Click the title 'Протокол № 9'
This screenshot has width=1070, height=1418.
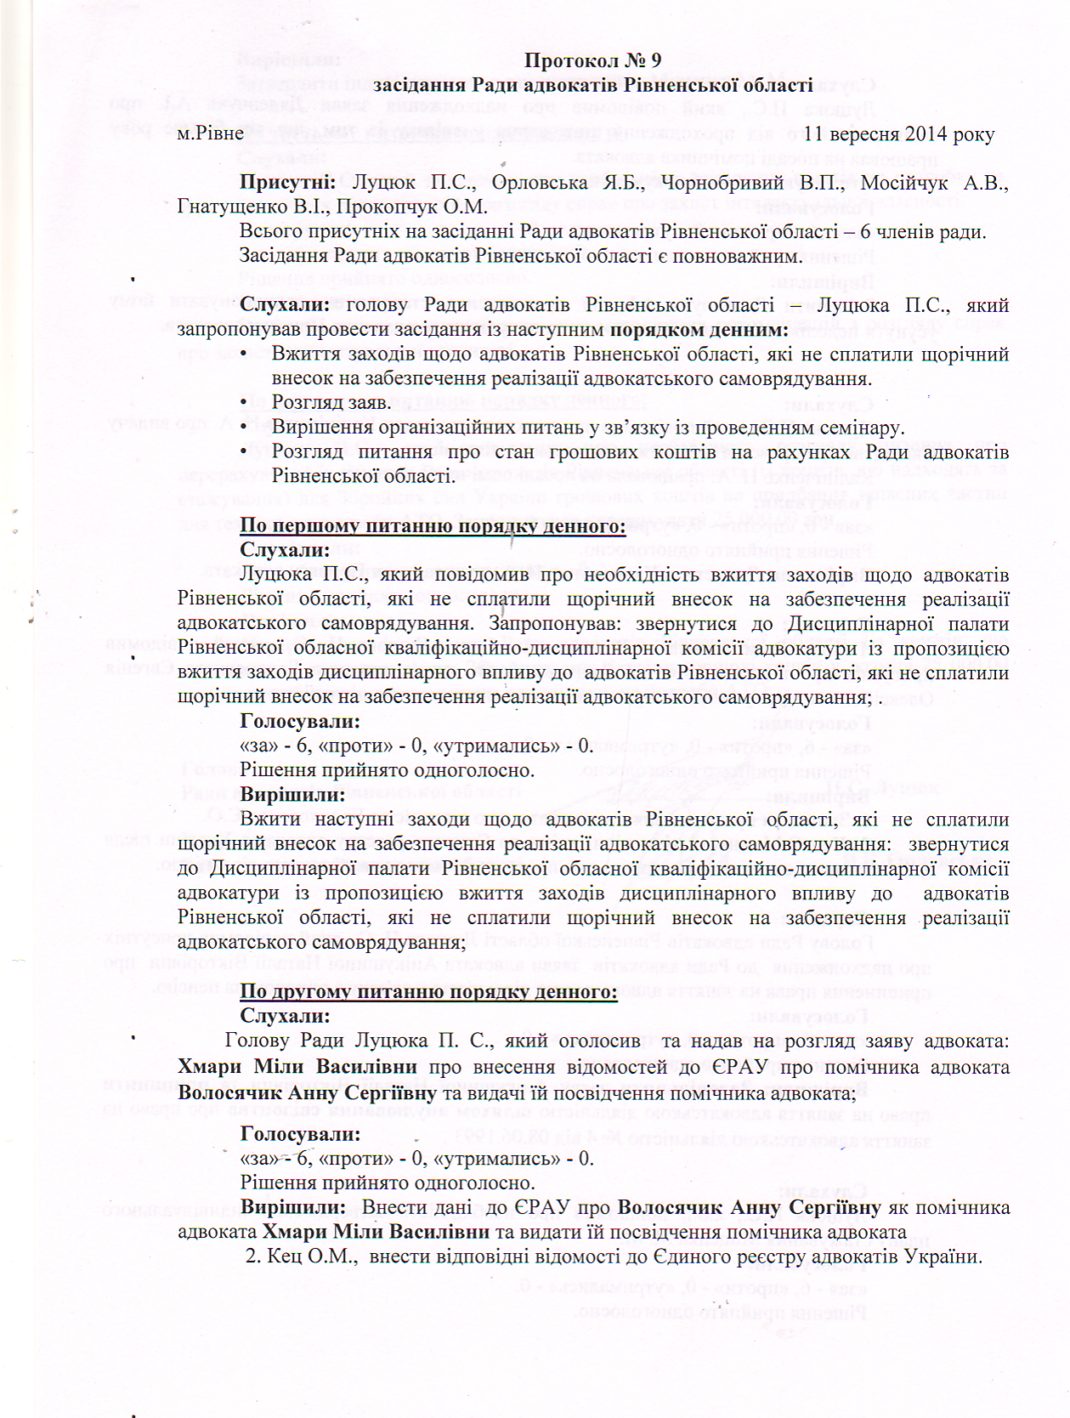tap(592, 60)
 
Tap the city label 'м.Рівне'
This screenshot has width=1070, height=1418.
tap(210, 133)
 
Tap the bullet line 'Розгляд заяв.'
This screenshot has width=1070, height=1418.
tap(331, 402)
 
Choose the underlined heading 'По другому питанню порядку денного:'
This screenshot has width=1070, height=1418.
tap(428, 991)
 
